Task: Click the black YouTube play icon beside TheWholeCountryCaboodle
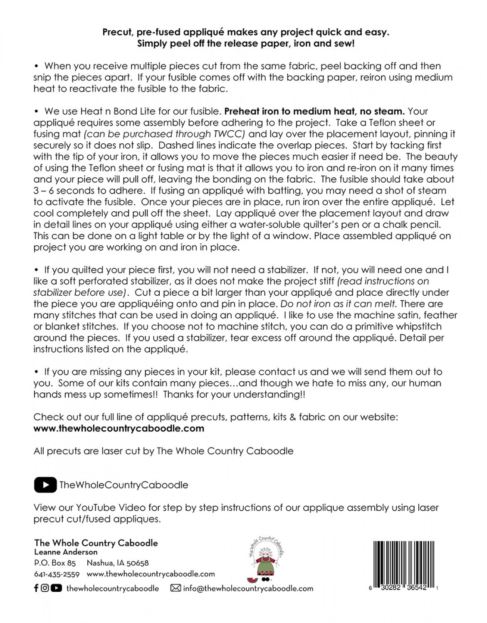[x=45, y=485]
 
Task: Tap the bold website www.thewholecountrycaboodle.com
[x=119, y=428]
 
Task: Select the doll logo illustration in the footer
[x=265, y=559]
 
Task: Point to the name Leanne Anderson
[x=66, y=552]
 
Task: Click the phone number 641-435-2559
[x=57, y=574]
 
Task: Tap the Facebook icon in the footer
[x=36, y=588]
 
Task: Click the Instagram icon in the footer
[x=45, y=588]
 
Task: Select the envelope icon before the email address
[x=176, y=589]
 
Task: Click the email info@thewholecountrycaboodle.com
[x=248, y=589]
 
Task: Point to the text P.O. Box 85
[x=55, y=563]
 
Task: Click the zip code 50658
[x=138, y=563]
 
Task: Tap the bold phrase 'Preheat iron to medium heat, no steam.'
[x=314, y=111]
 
